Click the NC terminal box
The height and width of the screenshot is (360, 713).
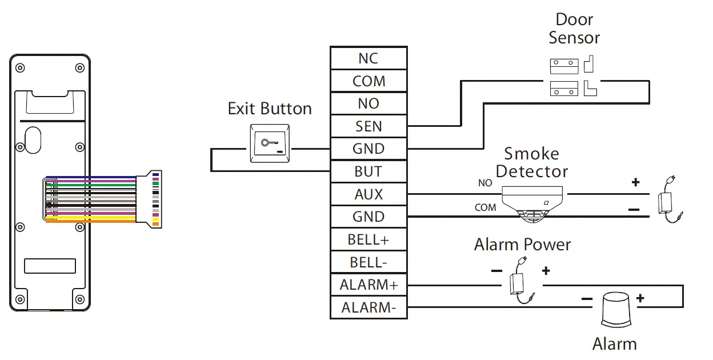[x=368, y=58]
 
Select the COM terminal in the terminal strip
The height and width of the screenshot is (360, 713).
[x=368, y=81]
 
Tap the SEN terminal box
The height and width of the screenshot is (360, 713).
[x=368, y=126]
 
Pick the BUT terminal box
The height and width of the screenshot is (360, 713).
[x=368, y=171]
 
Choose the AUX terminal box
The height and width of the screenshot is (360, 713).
[x=368, y=194]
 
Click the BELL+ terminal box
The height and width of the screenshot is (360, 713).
[x=368, y=239]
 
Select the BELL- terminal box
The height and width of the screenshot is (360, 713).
[x=368, y=262]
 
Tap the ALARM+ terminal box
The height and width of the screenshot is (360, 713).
[x=368, y=285]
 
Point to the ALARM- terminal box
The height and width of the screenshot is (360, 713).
[x=368, y=307]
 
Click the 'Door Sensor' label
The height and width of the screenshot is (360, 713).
[x=574, y=29]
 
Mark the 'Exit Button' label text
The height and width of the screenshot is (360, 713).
[x=270, y=109]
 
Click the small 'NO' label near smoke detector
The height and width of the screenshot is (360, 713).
[x=484, y=183]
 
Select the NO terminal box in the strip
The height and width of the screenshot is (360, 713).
[x=368, y=103]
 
